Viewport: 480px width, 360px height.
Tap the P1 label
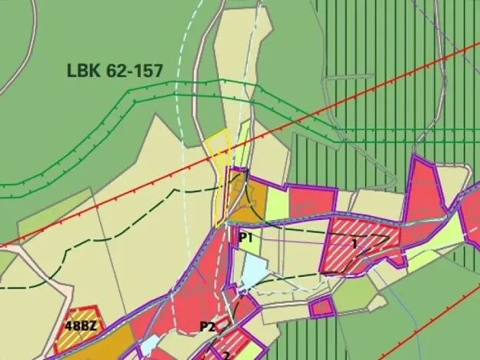(x=245, y=238)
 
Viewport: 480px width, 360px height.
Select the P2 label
(x=207, y=326)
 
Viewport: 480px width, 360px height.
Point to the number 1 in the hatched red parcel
(x=355, y=243)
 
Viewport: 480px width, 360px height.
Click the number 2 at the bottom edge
(x=226, y=355)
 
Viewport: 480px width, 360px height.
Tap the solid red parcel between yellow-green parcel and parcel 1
(x=312, y=201)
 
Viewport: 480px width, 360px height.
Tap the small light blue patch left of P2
(x=149, y=343)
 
